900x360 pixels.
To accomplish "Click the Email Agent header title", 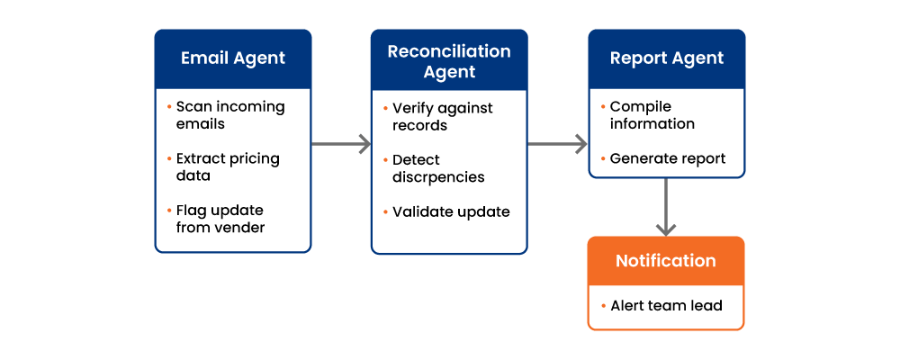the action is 233,58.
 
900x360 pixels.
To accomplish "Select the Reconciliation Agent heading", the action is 449,61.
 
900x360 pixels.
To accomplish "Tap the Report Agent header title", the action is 666,58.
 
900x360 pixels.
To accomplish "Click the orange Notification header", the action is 666,261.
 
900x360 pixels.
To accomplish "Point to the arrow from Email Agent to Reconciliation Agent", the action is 341,143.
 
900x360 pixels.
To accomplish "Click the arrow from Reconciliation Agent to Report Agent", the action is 557,143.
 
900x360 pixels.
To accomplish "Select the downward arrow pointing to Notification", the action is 666,207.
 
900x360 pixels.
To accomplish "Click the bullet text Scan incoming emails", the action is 230,115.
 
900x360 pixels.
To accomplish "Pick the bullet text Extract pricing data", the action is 228,166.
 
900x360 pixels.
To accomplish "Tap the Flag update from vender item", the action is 220,219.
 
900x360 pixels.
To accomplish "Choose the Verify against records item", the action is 442,117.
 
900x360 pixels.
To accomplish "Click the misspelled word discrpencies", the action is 438,176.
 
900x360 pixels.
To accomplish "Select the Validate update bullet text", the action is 451,211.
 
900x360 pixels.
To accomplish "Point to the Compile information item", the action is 652,115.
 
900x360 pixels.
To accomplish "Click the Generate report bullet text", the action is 668,158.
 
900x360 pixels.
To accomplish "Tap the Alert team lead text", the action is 666,306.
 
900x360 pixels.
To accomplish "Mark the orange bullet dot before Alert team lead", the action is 603,306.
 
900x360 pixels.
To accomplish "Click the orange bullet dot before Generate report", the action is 603,157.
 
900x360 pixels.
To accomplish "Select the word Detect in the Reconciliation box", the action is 416,159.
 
